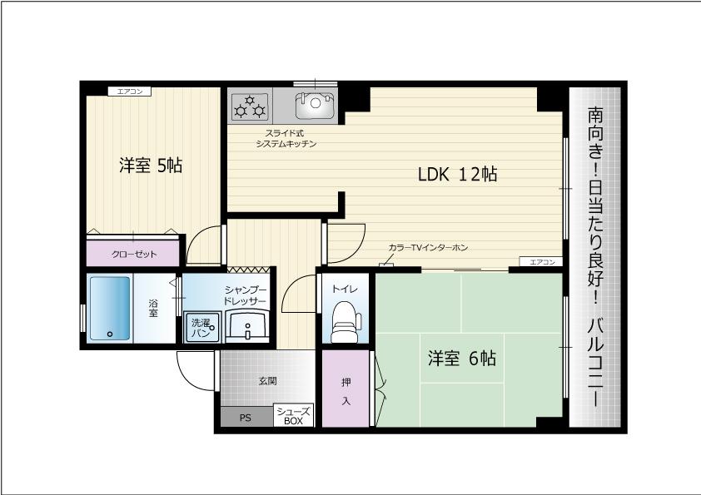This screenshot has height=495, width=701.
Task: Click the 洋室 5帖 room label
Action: pyautogui.click(x=151, y=166)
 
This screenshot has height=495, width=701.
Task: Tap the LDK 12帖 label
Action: pyautogui.click(x=457, y=174)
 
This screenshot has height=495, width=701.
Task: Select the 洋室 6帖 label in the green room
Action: pyautogui.click(x=462, y=359)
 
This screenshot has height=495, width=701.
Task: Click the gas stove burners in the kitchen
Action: pyautogui.click(x=250, y=106)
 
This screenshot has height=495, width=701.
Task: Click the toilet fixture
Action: pyautogui.click(x=346, y=322)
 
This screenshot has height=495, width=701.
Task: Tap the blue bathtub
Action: pyautogui.click(x=110, y=309)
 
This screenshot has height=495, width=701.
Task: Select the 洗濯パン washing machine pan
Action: pyautogui.click(x=202, y=328)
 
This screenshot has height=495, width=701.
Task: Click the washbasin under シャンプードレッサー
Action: pyautogui.click(x=246, y=327)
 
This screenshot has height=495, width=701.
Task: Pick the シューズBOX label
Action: pyautogui.click(x=293, y=416)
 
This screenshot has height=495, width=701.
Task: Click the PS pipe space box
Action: pyautogui.click(x=246, y=417)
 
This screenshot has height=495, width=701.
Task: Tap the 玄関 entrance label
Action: pyautogui.click(x=268, y=381)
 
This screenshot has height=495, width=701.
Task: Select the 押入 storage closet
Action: pyautogui.click(x=346, y=389)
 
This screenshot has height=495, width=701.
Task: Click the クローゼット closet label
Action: pyautogui.click(x=134, y=255)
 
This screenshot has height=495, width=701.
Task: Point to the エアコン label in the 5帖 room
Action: pyautogui.click(x=130, y=92)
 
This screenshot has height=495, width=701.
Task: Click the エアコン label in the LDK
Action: pyautogui.click(x=541, y=262)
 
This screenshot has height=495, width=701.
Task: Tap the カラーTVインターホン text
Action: pyautogui.click(x=428, y=248)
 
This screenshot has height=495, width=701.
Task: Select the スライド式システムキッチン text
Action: pyautogui.click(x=286, y=138)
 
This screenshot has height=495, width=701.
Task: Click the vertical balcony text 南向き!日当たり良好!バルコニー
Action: pyautogui.click(x=595, y=256)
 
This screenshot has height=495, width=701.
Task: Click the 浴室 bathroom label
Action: pyautogui.click(x=153, y=309)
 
